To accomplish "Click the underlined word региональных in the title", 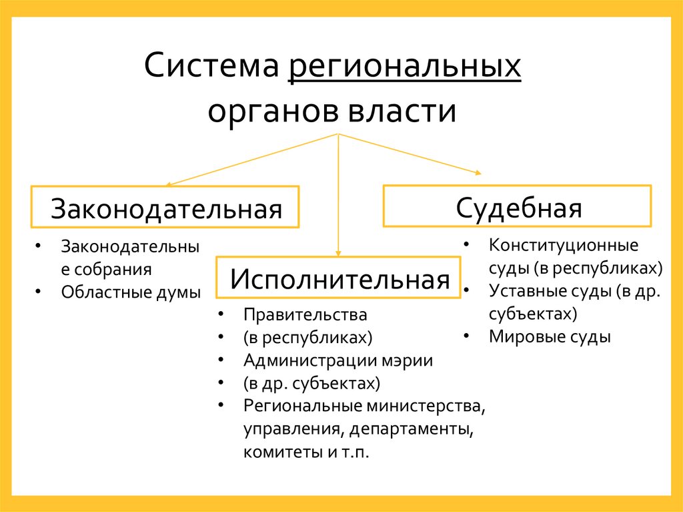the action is [405, 69].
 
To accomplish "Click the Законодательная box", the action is [165, 208].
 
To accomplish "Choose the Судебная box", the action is [518, 206].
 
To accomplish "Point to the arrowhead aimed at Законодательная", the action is [169, 183].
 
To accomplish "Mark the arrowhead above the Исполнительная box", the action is [339, 253].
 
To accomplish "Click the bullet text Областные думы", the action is [131, 292].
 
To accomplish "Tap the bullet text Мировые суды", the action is [550, 336].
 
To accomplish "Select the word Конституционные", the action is [564, 245].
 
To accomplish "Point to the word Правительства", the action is [305, 314].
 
